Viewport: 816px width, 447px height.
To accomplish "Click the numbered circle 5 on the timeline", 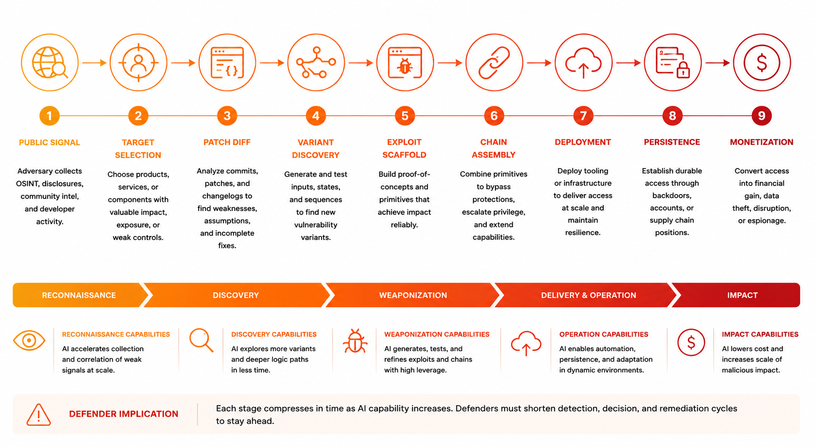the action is point(405,116).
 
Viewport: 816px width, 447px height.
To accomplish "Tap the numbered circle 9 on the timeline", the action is point(761,116).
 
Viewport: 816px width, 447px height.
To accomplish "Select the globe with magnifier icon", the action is point(50,62).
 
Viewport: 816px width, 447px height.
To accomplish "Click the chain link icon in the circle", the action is point(494,63).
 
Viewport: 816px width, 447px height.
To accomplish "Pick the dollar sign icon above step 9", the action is point(762,63).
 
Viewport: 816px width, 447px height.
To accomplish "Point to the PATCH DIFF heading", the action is point(227,142).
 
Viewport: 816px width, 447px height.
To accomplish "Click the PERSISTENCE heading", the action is point(672,142).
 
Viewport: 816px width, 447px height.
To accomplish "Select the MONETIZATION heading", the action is point(761,142).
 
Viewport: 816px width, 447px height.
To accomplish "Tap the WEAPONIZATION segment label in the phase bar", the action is point(413,295).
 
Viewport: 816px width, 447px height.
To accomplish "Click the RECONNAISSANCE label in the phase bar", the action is point(78,295).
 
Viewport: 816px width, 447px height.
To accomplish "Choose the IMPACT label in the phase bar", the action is point(742,295).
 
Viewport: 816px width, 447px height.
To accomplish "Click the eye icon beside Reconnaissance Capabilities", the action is point(29,341).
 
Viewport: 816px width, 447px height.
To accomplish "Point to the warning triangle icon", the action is point(39,415).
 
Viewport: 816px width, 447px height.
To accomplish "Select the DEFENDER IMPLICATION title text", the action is point(124,414).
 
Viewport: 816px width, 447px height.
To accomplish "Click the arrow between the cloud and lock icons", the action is point(628,63).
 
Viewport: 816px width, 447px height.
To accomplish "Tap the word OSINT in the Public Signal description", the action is point(26,184).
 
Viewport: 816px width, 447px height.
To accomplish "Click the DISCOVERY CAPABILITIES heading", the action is point(274,334).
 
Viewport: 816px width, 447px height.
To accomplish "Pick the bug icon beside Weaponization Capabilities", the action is point(355,341).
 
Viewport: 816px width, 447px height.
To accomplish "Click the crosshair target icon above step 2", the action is point(139,63).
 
